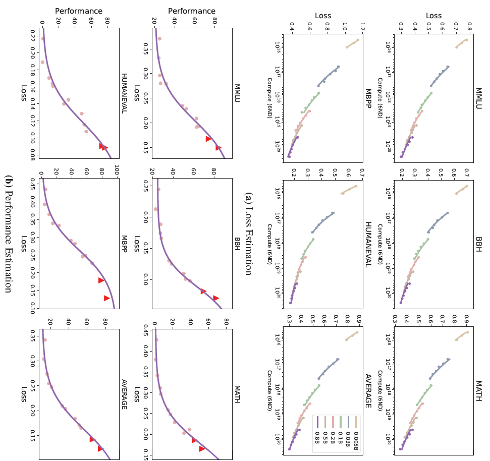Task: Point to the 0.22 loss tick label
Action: (32, 37)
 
